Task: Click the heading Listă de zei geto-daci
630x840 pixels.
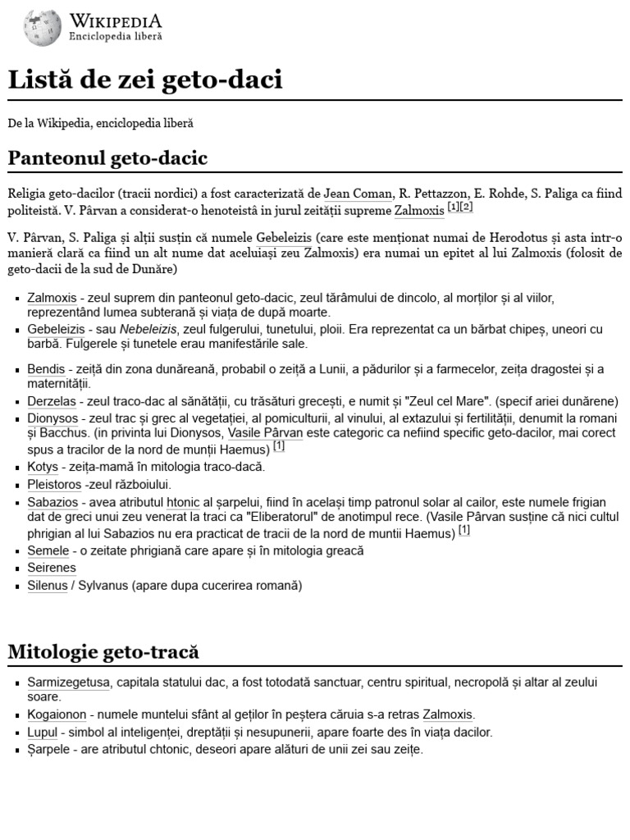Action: click(145, 80)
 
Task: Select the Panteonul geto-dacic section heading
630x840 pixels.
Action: click(107, 157)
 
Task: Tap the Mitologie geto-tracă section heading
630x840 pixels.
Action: click(103, 652)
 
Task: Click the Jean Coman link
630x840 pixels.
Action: click(358, 194)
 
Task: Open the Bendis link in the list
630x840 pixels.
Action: click(45, 369)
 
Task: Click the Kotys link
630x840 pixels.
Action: click(43, 467)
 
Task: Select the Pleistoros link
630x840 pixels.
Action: click(54, 484)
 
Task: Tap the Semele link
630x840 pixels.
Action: click(48, 550)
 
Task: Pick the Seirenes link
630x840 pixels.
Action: click(51, 568)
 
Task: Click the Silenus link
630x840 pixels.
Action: click(48, 585)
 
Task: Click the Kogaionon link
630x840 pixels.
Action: click(55, 714)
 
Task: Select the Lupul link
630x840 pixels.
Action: click(42, 732)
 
